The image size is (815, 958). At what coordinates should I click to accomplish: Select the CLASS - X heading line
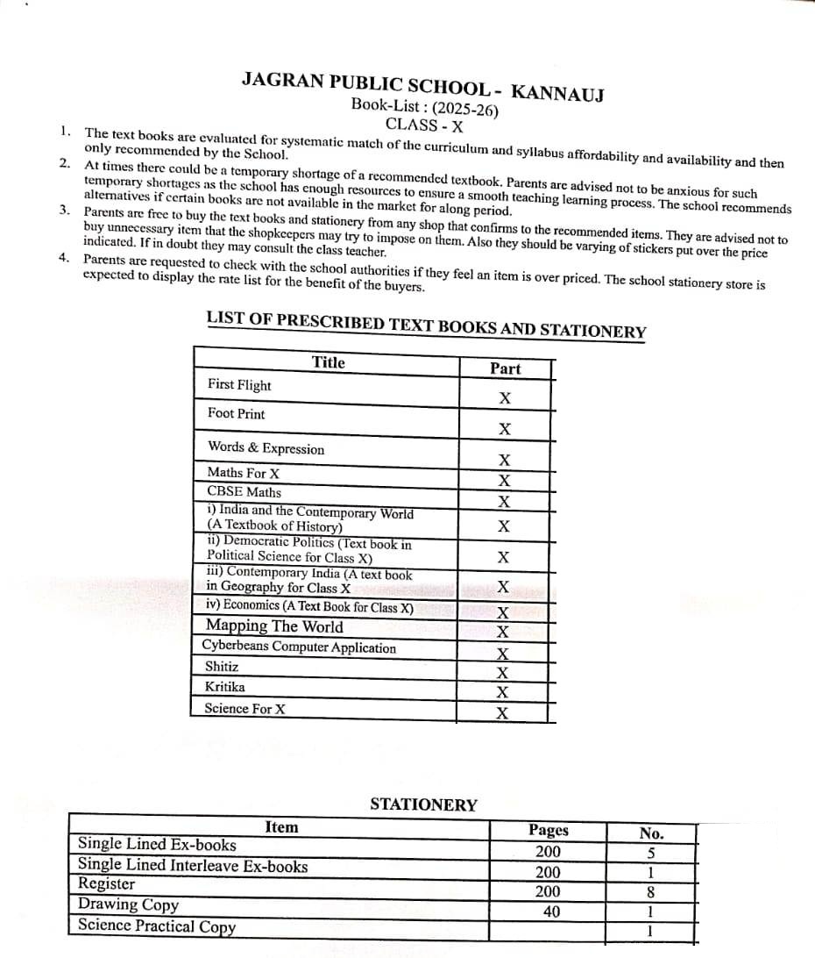point(424,125)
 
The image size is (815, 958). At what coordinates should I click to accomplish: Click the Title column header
point(329,362)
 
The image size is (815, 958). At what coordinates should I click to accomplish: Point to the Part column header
point(505,368)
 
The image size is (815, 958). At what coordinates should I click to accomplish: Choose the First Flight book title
point(239,385)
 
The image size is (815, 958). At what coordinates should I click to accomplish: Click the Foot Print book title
point(236,413)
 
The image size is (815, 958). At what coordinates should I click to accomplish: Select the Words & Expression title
point(266,448)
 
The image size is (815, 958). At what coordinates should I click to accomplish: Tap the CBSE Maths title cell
point(244,492)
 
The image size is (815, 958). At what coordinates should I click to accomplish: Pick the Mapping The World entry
point(274,626)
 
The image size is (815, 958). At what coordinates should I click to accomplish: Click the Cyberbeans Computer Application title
point(299,647)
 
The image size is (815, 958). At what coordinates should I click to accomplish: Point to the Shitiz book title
point(222,667)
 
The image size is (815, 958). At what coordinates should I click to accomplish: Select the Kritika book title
point(225,687)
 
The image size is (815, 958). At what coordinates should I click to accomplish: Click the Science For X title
point(244,708)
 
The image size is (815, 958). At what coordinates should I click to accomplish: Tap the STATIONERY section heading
point(423,804)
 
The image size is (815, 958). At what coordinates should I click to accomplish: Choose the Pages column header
point(549,830)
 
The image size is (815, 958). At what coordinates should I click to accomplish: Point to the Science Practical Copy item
point(157,926)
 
